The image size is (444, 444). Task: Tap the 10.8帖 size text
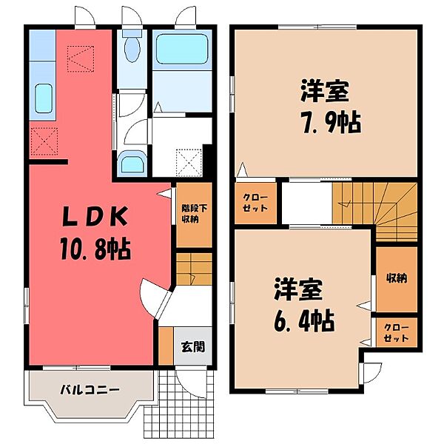tap(94, 249)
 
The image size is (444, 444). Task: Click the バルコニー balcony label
tap(90, 389)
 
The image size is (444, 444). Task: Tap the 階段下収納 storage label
tap(189, 213)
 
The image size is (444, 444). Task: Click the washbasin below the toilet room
tap(133, 162)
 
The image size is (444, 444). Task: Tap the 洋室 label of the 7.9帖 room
tap(324, 93)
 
